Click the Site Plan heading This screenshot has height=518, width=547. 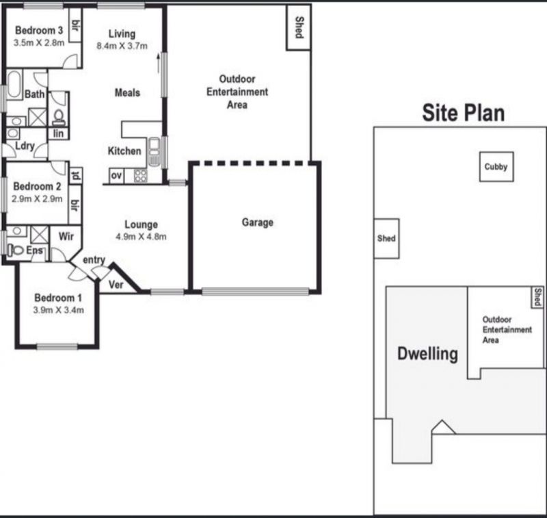click(464, 113)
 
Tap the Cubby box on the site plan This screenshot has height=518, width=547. click(496, 167)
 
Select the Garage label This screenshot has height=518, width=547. click(258, 222)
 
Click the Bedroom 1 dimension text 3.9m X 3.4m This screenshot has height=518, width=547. click(59, 310)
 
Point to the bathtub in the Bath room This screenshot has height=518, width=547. click(14, 84)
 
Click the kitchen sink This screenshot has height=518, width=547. click(154, 151)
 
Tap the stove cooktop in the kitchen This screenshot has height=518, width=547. click(141, 176)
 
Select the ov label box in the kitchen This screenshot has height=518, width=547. click(116, 176)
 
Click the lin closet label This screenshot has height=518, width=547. click(58, 133)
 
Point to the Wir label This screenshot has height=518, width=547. click(66, 236)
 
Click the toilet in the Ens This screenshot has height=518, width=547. click(15, 250)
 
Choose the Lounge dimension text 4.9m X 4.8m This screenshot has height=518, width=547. click(141, 237)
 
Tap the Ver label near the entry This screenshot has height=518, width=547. click(116, 285)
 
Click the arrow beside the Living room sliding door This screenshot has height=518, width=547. click(159, 63)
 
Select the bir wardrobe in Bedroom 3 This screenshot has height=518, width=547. click(75, 25)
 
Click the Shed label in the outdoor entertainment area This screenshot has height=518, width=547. click(299, 27)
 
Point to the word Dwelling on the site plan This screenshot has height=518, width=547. click(427, 354)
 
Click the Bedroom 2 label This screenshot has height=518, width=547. click(37, 186)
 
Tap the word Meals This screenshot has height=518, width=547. click(127, 92)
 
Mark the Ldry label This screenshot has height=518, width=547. click(25, 146)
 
